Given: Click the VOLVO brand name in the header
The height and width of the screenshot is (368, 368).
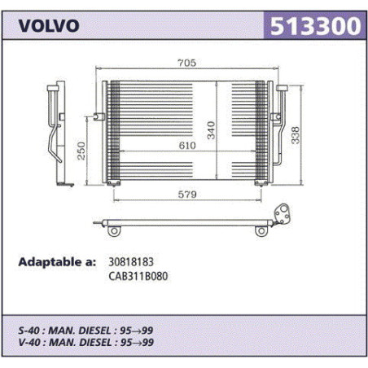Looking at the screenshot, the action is tap(49, 26).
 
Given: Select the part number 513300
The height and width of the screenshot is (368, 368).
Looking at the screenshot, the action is tap(315, 26).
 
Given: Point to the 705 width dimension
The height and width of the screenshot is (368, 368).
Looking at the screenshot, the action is tap(186, 63).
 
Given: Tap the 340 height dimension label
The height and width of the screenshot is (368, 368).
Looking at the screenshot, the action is tap(211, 130).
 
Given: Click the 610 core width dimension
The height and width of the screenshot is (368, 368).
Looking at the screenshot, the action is tap(187, 146).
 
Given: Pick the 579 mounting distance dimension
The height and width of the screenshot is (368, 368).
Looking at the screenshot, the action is tap(187, 195).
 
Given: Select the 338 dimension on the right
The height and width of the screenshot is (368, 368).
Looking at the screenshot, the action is tap(296, 135).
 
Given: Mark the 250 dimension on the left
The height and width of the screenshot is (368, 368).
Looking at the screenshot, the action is tap(81, 151).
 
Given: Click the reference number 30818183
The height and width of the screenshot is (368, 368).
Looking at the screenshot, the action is tap(131, 262).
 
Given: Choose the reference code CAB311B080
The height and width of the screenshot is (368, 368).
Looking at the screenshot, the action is tap(138, 276).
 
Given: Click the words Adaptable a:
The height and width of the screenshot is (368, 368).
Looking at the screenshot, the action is tap(57, 262).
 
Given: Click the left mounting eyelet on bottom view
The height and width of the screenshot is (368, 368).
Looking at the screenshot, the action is tap(114, 231).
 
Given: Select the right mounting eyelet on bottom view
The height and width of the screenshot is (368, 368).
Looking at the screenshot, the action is tap(261, 231).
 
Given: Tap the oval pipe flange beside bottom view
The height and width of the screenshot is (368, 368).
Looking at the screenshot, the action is tap(283, 214).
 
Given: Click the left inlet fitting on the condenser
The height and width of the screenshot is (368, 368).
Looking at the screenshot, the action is tap(99, 116).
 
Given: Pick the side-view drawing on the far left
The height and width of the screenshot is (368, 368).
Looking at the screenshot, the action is tap(60, 134).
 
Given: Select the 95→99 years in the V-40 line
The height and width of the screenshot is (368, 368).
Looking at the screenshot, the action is tap(137, 343).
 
